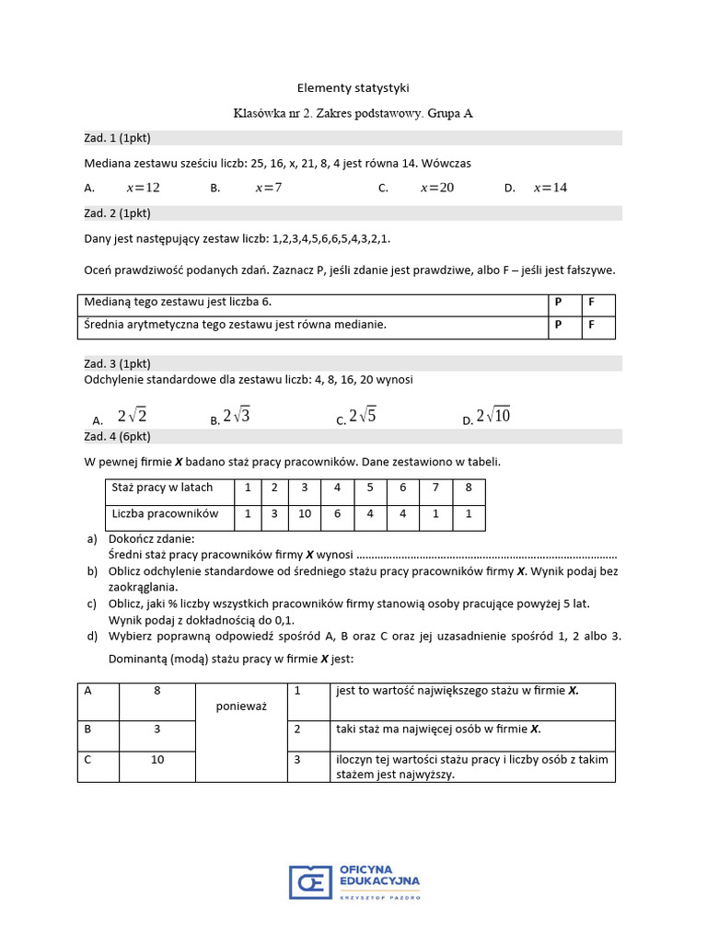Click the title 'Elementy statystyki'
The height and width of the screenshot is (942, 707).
coord(353,88)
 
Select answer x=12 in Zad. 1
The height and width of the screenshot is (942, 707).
coord(143,188)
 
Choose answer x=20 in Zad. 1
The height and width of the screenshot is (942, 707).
coord(437,188)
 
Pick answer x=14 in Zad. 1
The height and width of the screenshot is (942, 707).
coord(551,188)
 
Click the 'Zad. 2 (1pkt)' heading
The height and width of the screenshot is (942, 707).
coord(117,213)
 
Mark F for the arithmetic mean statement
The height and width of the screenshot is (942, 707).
coord(592,325)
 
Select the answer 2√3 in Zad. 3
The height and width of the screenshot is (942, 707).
coord(237,417)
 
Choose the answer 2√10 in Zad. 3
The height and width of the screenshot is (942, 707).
coord(493,417)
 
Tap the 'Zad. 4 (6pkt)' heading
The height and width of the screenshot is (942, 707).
coord(117,436)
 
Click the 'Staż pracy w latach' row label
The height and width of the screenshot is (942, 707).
coord(162,488)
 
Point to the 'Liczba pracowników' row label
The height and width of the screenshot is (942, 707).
coord(165,513)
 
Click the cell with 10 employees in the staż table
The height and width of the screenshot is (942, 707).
coord(305,514)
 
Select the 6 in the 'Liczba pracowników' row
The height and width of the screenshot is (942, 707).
coord(338,514)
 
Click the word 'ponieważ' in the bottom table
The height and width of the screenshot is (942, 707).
coord(241,706)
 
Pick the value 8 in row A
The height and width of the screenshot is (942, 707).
coord(157,691)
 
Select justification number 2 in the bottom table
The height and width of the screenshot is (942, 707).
coord(298,729)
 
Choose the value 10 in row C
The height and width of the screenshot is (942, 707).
coord(157,760)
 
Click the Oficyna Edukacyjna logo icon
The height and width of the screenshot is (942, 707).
coord(310,880)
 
